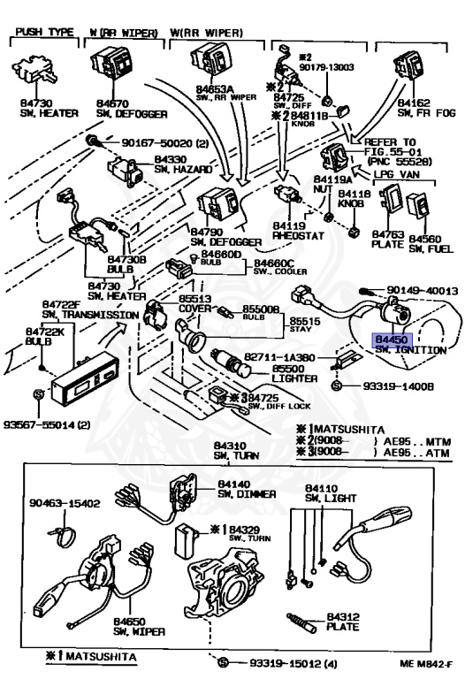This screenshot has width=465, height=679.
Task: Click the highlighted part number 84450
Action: point(390,339)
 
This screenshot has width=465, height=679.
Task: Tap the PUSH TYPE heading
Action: point(42,33)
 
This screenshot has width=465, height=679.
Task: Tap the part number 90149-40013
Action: point(423,290)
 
